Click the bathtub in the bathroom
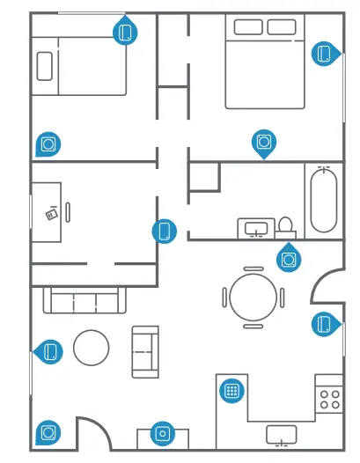323,200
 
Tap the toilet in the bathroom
285,228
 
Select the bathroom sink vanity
256,229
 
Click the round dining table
253,297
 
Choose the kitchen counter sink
282,433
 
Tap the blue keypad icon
231,390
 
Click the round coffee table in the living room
91,348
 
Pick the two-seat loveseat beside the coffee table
145,351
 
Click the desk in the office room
47,212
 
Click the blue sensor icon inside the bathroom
288,258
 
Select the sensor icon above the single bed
126,33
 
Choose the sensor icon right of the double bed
326,54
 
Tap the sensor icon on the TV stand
161,432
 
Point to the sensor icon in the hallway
164,231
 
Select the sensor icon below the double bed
263,141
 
